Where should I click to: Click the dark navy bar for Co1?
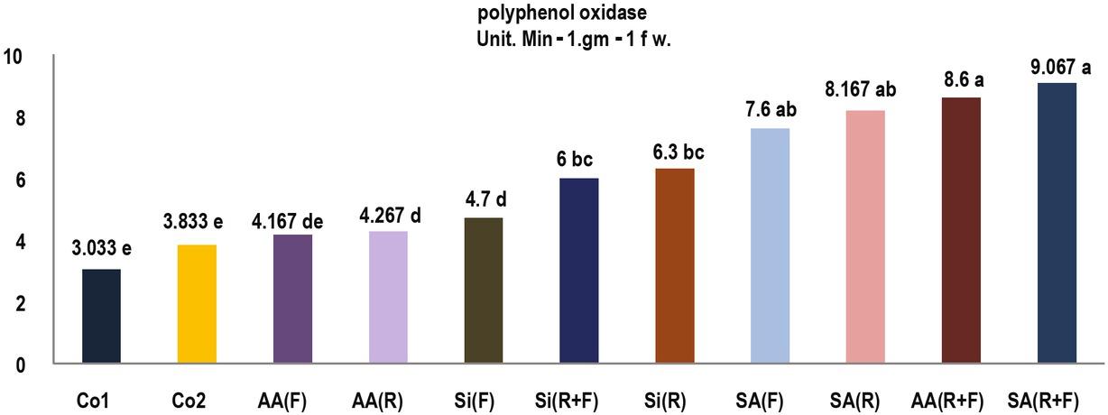tap(101, 316)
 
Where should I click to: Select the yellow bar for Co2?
tap(197, 304)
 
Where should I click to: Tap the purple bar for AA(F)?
tap(292, 299)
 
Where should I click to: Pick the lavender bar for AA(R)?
tap(388, 297)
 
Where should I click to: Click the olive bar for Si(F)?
tap(484, 290)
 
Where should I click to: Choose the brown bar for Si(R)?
tap(675, 266)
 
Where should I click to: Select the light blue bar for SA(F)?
tap(771, 245)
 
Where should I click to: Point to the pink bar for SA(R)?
tap(866, 236)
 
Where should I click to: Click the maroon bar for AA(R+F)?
tap(962, 230)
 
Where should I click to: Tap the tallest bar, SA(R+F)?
tap(1057, 223)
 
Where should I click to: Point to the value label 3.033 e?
tap(101, 250)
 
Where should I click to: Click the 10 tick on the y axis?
tap(17, 58)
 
